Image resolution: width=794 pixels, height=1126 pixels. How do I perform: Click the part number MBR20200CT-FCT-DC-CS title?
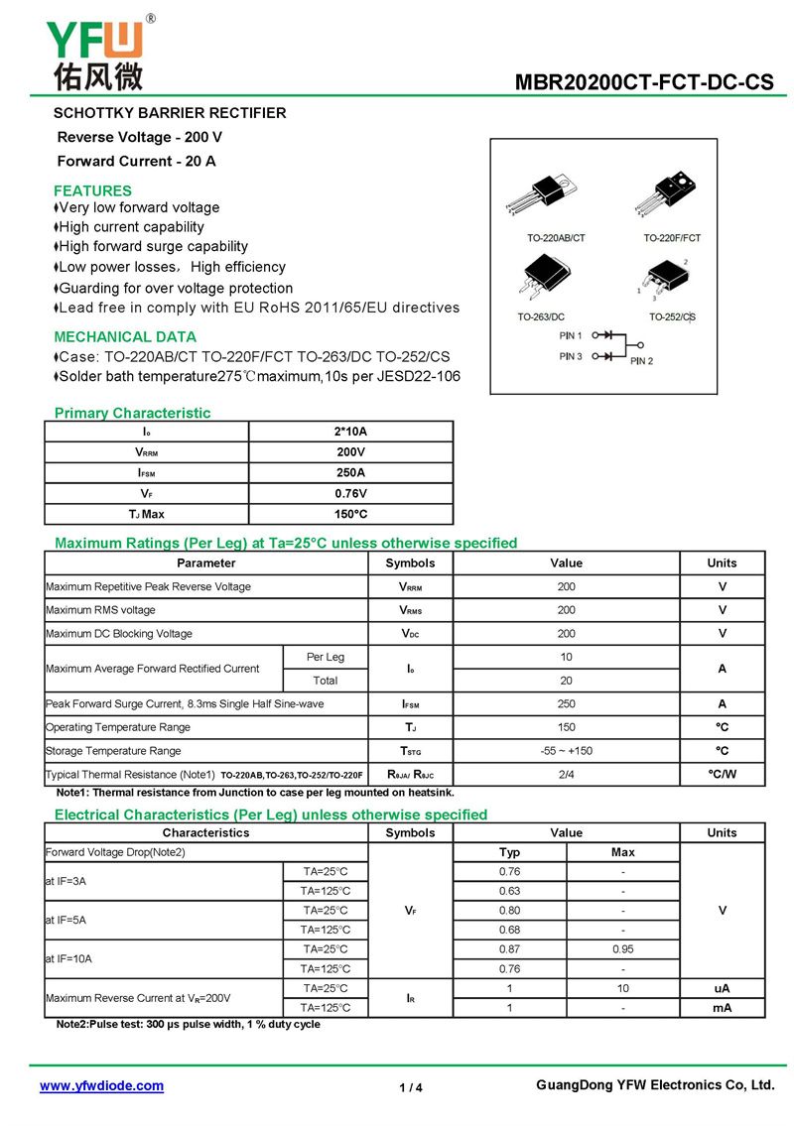(644, 83)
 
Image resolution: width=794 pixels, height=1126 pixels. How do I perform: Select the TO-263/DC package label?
(541, 316)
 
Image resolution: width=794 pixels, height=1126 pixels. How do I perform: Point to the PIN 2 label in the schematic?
(641, 360)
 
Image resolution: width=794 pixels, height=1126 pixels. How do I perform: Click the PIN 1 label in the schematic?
(571, 335)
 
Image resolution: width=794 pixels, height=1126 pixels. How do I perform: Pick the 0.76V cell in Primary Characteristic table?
(350, 493)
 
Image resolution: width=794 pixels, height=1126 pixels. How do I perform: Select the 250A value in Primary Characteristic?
(350, 472)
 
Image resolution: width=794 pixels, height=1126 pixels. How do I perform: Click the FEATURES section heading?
(92, 190)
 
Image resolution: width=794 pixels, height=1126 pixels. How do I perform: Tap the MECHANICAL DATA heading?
(125, 336)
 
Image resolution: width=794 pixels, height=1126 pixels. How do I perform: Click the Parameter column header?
(206, 563)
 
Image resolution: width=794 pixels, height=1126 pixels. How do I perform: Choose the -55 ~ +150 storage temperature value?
(566, 751)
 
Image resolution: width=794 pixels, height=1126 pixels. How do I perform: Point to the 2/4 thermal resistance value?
(566, 774)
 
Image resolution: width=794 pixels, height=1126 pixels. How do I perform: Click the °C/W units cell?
(722, 774)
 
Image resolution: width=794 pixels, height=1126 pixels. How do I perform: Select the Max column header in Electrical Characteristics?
(623, 852)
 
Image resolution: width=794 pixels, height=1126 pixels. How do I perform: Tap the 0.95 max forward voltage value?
(623, 949)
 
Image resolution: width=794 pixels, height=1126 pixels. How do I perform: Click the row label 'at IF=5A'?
(66, 920)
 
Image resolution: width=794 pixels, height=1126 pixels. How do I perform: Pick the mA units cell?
(722, 1008)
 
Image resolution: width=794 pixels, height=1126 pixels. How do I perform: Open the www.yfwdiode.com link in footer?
(101, 1085)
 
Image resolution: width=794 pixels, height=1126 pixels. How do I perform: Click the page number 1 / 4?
(411, 1087)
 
